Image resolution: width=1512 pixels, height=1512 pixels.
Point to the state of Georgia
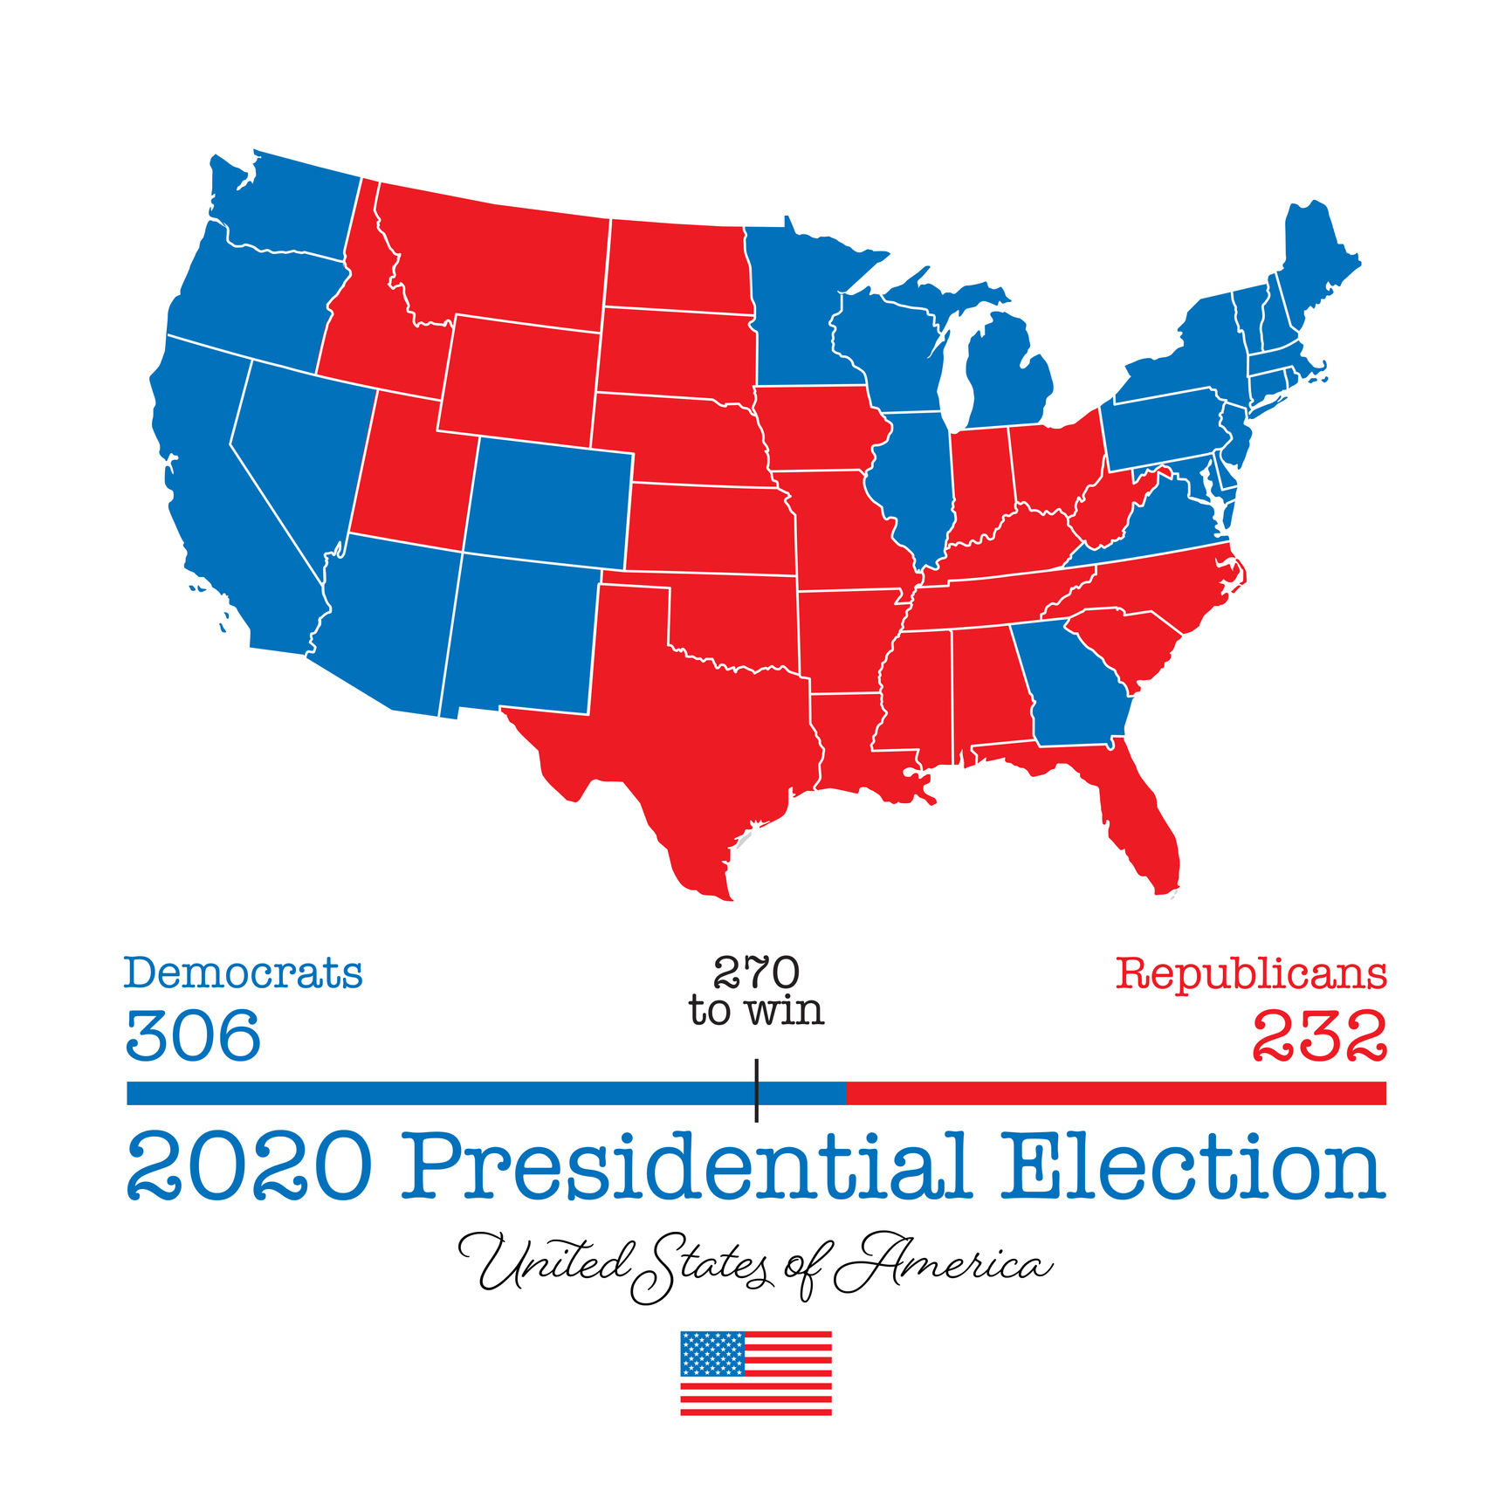point(1069,690)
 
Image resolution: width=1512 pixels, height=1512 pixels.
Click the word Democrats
point(243,973)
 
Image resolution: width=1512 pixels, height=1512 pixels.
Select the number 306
point(193,1036)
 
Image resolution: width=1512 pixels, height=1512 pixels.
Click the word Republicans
point(1251,973)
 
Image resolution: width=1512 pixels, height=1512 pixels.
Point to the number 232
point(1319,1036)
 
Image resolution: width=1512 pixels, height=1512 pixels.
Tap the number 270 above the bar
point(756,972)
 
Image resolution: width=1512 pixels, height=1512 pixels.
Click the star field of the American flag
point(712,1353)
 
